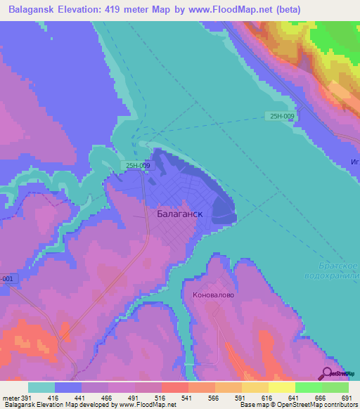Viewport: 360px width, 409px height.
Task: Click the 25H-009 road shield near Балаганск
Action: click(137, 166)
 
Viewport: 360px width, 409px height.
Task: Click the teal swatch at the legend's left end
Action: click(41, 387)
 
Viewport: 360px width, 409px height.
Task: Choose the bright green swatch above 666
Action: click(309, 387)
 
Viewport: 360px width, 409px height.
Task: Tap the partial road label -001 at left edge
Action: click(6, 278)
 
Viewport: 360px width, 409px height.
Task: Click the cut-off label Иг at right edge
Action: click(354, 161)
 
